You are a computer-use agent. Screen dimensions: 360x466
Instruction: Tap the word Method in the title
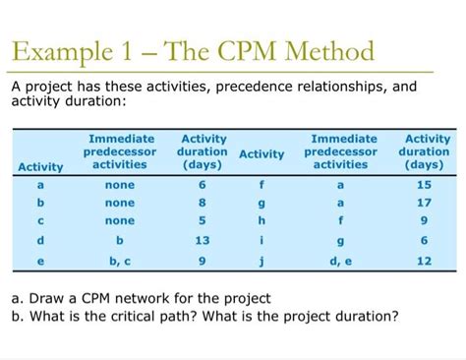325,51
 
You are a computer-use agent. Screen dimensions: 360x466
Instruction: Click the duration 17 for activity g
425,203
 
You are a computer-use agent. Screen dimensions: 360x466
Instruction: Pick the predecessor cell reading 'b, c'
119,261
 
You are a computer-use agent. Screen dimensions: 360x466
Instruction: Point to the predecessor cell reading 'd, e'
340,261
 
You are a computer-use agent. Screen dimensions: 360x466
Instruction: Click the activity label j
262,261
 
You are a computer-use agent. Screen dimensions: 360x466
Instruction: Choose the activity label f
262,184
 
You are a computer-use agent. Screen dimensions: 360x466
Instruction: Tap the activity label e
39,261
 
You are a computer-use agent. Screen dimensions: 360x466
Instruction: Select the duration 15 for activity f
425,184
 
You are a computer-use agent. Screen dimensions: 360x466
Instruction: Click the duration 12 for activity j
425,261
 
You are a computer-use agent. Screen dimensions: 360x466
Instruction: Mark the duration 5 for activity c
203,221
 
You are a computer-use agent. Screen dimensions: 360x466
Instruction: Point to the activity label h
262,221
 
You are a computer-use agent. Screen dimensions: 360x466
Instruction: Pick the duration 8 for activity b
203,203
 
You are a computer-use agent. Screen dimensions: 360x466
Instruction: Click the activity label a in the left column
39,184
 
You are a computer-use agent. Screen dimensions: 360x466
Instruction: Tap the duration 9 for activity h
425,221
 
